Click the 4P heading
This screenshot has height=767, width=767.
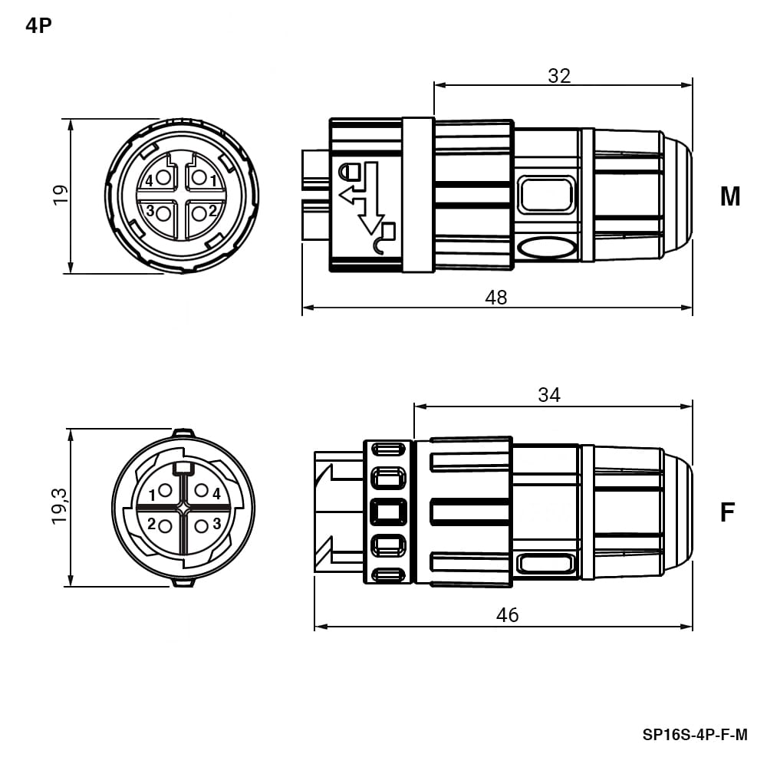[x=38, y=25]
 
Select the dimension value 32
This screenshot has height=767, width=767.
[x=559, y=76]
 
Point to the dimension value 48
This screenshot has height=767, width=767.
[x=496, y=298]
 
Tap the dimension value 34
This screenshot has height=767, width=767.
[x=549, y=395]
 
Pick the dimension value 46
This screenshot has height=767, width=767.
[x=507, y=615]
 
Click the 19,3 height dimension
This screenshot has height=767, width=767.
[x=61, y=506]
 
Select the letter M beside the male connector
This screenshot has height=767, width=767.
[x=730, y=196]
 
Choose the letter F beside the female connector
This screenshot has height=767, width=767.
[x=728, y=512]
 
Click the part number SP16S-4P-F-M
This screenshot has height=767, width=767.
[x=695, y=735]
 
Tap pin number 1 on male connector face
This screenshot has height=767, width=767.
[x=213, y=181]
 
